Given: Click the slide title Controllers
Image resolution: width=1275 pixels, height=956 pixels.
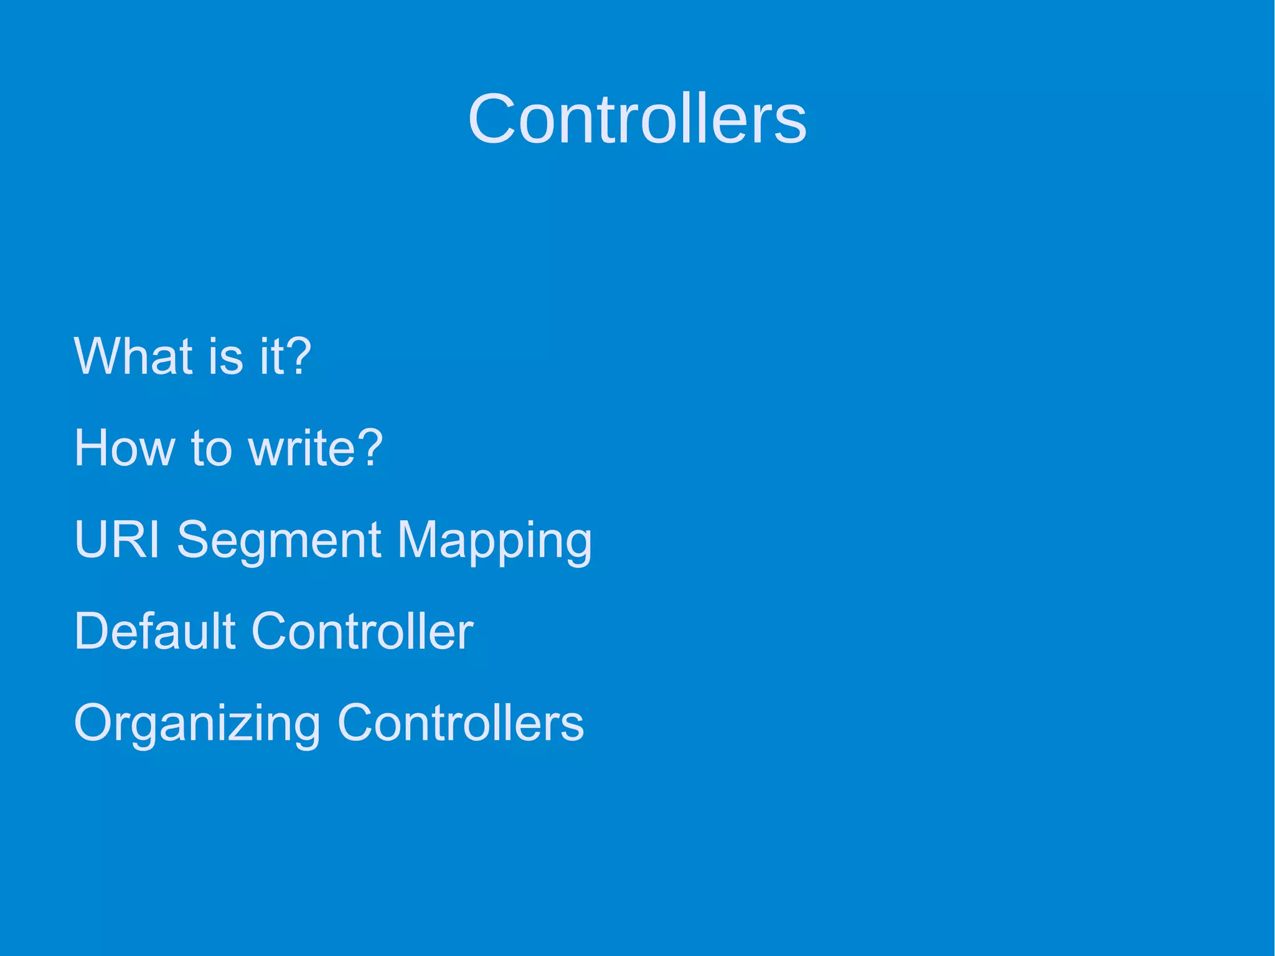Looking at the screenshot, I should click(x=637, y=118).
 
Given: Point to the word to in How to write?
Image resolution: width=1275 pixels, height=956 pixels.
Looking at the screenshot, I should click(x=212, y=448).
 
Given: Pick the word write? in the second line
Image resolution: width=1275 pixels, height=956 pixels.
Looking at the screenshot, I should click(x=315, y=447).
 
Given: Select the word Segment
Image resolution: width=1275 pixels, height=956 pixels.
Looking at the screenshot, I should click(x=278, y=539).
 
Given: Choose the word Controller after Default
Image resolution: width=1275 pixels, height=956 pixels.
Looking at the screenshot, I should click(x=362, y=631).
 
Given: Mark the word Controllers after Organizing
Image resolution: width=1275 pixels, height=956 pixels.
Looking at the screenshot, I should click(x=460, y=722).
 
